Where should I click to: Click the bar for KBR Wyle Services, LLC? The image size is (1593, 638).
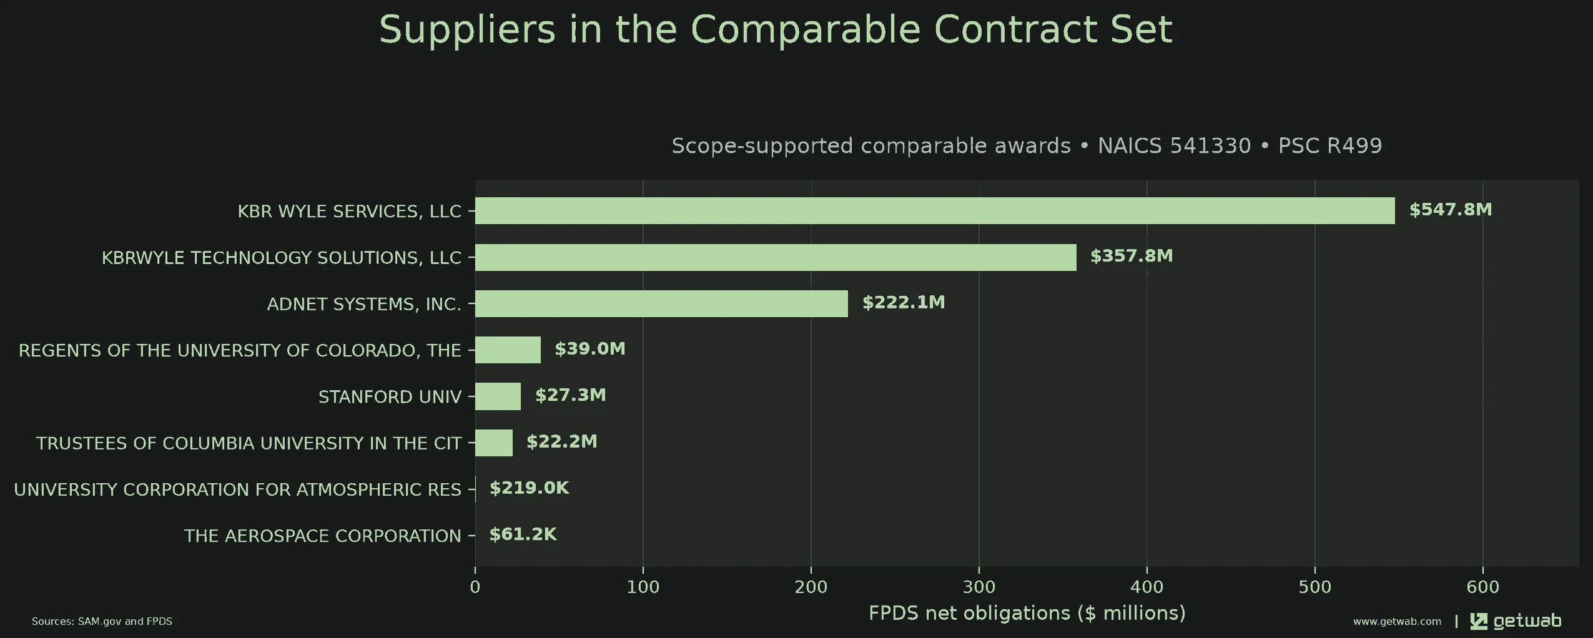point(935,211)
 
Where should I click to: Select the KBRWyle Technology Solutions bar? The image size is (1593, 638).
point(776,257)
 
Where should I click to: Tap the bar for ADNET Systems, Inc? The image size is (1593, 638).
point(661,304)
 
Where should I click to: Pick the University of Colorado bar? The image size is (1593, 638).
point(508,350)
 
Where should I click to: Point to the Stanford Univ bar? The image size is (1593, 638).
point(498,396)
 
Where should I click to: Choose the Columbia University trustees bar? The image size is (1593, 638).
point(494,443)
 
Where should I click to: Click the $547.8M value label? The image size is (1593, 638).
point(1451,210)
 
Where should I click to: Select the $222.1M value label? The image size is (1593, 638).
point(904,303)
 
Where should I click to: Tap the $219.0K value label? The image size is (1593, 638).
point(530,488)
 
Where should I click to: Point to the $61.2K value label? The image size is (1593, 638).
point(523,534)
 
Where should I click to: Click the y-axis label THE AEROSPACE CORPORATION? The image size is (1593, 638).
point(323,536)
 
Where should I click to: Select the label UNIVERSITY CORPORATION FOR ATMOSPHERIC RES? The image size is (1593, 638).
point(238,489)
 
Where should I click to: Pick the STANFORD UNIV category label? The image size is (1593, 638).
point(390,397)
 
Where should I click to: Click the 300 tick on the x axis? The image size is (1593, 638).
point(979,587)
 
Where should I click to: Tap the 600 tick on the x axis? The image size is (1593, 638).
point(1483,587)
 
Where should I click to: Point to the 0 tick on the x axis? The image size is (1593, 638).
point(475,587)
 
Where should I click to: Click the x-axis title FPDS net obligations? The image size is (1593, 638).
point(1027,613)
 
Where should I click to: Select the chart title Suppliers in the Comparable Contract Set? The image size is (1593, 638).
point(776,29)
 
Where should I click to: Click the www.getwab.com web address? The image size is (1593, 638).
point(1398,622)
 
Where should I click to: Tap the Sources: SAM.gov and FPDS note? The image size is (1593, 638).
point(102,622)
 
